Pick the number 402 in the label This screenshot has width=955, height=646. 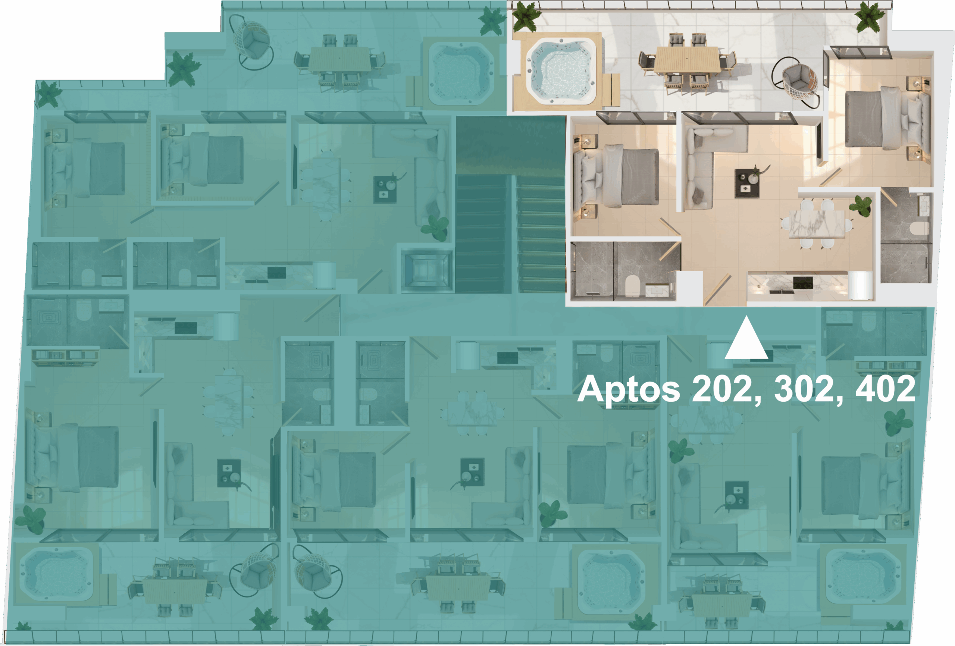coord(886,388)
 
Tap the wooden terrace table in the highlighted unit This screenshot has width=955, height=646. coord(687,60)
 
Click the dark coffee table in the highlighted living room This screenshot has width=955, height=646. coord(747,183)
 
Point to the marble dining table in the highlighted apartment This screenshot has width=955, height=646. coord(817,224)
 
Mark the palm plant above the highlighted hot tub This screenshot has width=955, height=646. coord(525,16)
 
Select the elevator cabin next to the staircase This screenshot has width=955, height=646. coord(426,270)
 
